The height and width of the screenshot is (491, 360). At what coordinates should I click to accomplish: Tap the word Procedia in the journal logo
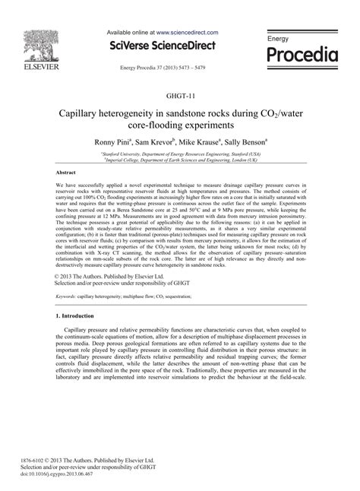click(x=311, y=55)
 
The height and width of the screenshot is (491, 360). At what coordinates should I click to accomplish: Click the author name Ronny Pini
click(x=115, y=141)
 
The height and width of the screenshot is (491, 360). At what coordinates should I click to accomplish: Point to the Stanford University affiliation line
click(x=179, y=152)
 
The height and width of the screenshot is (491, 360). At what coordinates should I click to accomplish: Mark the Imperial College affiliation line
click(x=179, y=159)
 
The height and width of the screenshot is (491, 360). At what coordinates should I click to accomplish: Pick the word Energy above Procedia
click(x=279, y=38)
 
